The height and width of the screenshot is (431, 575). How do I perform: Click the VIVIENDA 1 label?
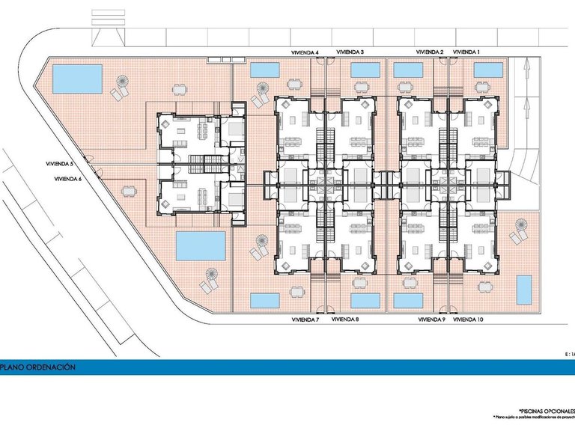point(466,52)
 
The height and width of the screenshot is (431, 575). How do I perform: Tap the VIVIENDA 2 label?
point(431,52)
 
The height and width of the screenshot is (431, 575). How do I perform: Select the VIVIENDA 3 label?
point(350,52)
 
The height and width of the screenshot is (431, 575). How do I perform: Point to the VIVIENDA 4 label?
point(305,52)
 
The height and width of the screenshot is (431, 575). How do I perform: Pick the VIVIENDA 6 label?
point(68,179)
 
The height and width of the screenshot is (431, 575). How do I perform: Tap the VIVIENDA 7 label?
point(305,320)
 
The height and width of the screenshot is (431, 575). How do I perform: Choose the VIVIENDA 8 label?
point(345,320)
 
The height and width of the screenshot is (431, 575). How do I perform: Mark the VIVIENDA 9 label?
point(431,320)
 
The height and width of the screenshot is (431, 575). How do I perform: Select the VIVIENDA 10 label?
point(469,320)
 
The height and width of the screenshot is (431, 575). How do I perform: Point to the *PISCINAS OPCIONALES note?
point(546,410)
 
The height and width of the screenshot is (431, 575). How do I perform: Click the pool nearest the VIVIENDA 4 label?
point(265,70)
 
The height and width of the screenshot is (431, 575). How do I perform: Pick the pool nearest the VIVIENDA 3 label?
point(365,70)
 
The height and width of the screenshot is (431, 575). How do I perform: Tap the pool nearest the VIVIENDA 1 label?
point(487,70)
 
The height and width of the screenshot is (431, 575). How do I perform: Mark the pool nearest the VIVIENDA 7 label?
point(265,301)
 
